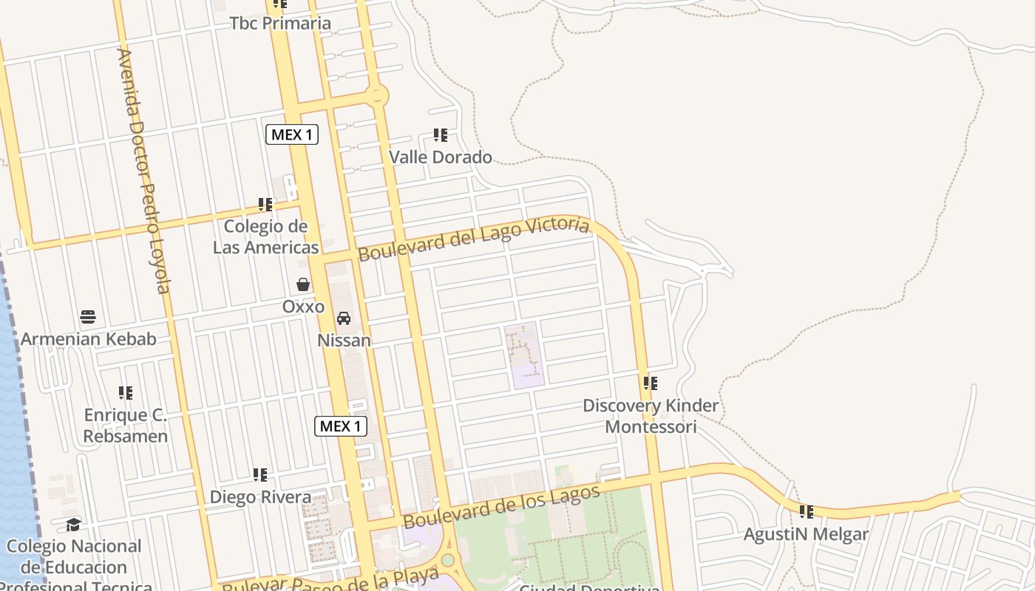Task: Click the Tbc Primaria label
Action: (280, 23)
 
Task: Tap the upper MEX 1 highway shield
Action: (292, 134)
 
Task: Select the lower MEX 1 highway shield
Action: (341, 426)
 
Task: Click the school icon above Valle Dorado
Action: (441, 135)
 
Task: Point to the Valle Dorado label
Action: (441, 157)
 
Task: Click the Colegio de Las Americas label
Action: (266, 236)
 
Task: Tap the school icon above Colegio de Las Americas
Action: (265, 204)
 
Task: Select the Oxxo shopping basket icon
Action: (303, 284)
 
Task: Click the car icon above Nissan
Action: (344, 318)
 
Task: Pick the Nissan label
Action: (344, 341)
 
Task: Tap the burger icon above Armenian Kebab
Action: (88, 318)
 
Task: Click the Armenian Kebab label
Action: (88, 339)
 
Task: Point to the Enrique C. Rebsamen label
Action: (126, 426)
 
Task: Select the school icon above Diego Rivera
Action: (260, 474)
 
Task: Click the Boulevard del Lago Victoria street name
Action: (474, 238)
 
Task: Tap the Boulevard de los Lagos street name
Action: (501, 506)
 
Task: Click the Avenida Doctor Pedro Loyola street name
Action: (144, 170)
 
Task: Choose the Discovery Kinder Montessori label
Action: (651, 416)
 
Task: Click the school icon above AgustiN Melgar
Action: (807, 511)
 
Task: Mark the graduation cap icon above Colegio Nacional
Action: (73, 525)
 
